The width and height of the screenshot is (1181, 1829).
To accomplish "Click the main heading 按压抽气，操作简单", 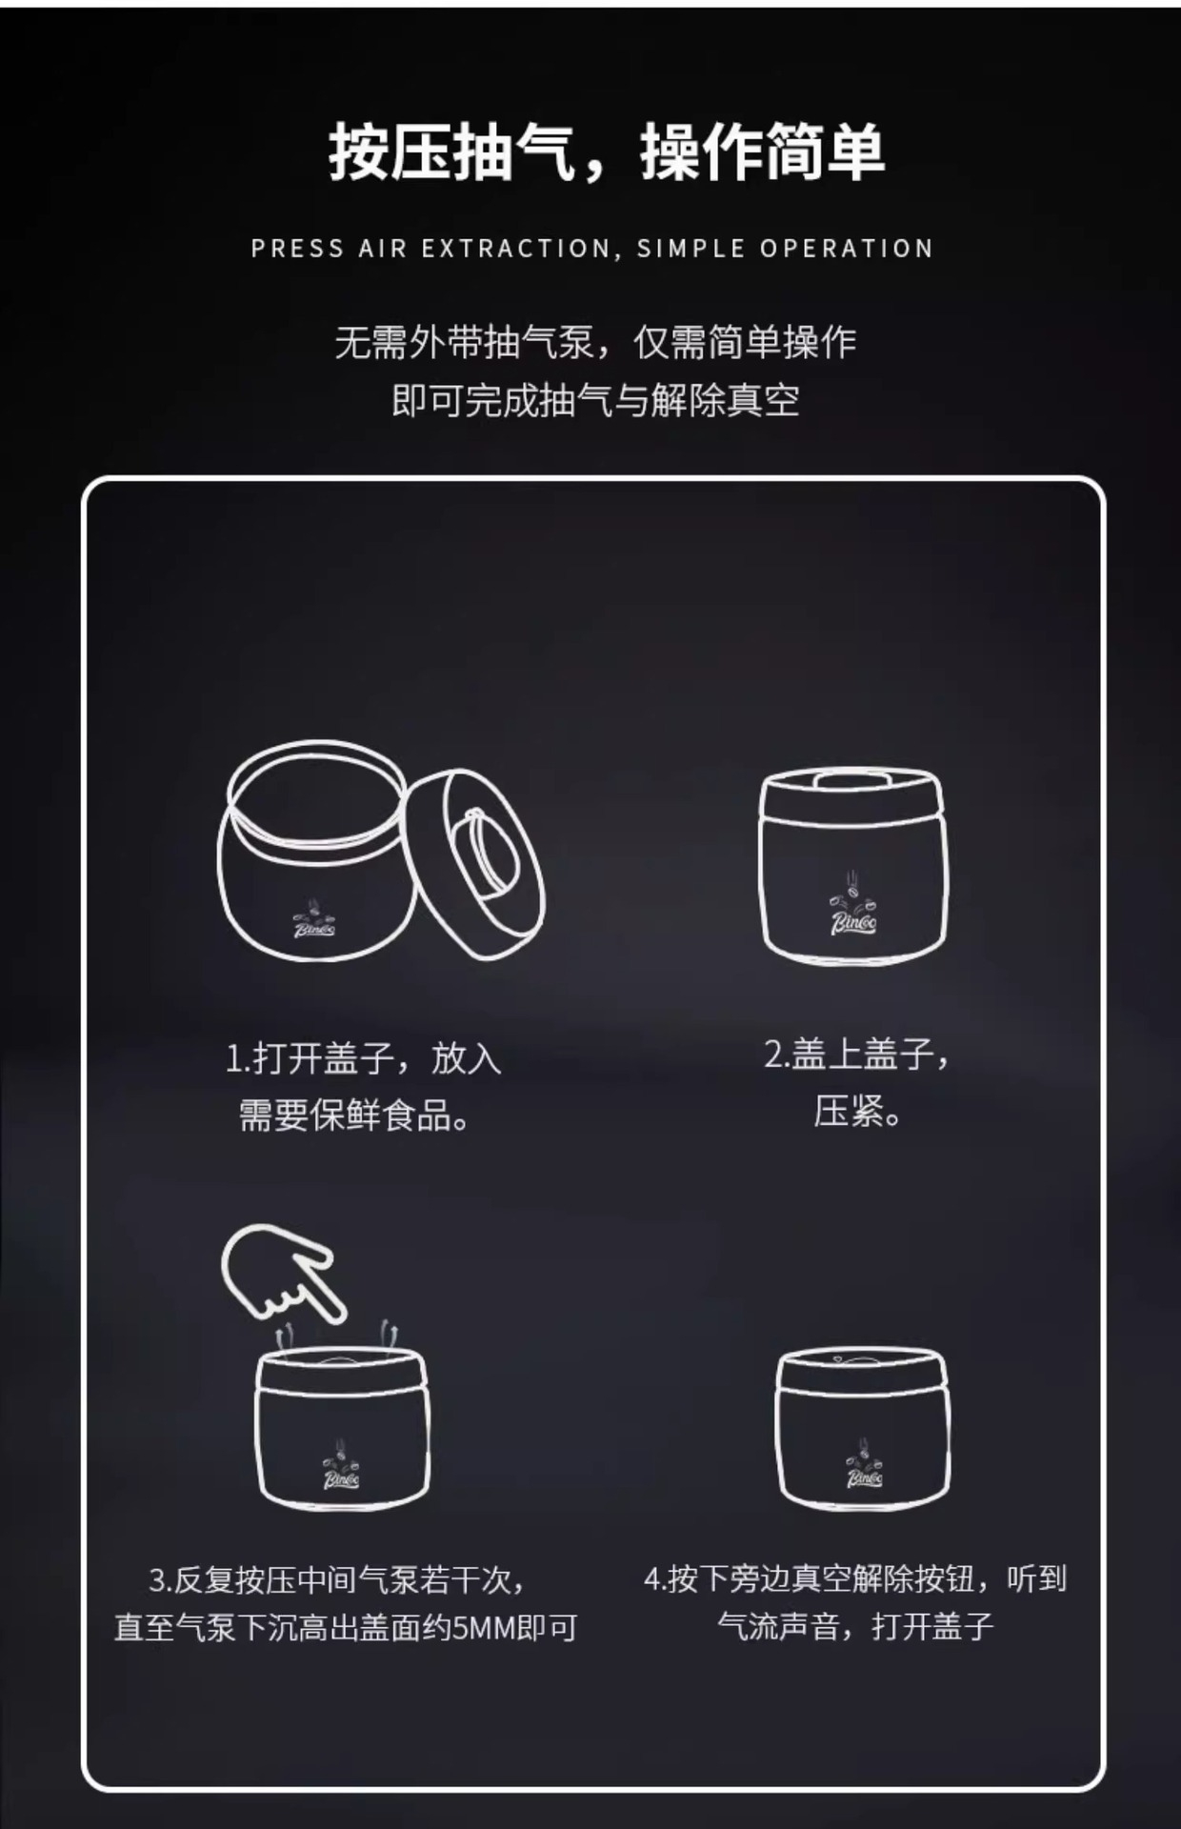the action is coord(607,152).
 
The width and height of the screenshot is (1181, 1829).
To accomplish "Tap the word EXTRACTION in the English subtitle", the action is coord(515,249).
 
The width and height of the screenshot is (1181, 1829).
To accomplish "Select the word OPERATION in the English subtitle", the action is coord(846,249).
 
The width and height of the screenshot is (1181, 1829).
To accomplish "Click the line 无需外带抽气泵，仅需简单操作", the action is coord(595,342).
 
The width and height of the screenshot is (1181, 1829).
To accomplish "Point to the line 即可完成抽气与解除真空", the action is coord(595,400).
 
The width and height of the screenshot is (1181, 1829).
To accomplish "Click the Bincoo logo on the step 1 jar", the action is coord(313,920).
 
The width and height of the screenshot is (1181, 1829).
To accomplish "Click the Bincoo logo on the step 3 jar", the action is coord(342,1471).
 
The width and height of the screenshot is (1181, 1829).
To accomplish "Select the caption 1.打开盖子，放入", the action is coord(364,1058).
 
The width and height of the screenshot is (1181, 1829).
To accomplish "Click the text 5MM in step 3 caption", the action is coord(482,1628).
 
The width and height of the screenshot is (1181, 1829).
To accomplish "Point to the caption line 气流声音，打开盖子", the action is coord(854,1625).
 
